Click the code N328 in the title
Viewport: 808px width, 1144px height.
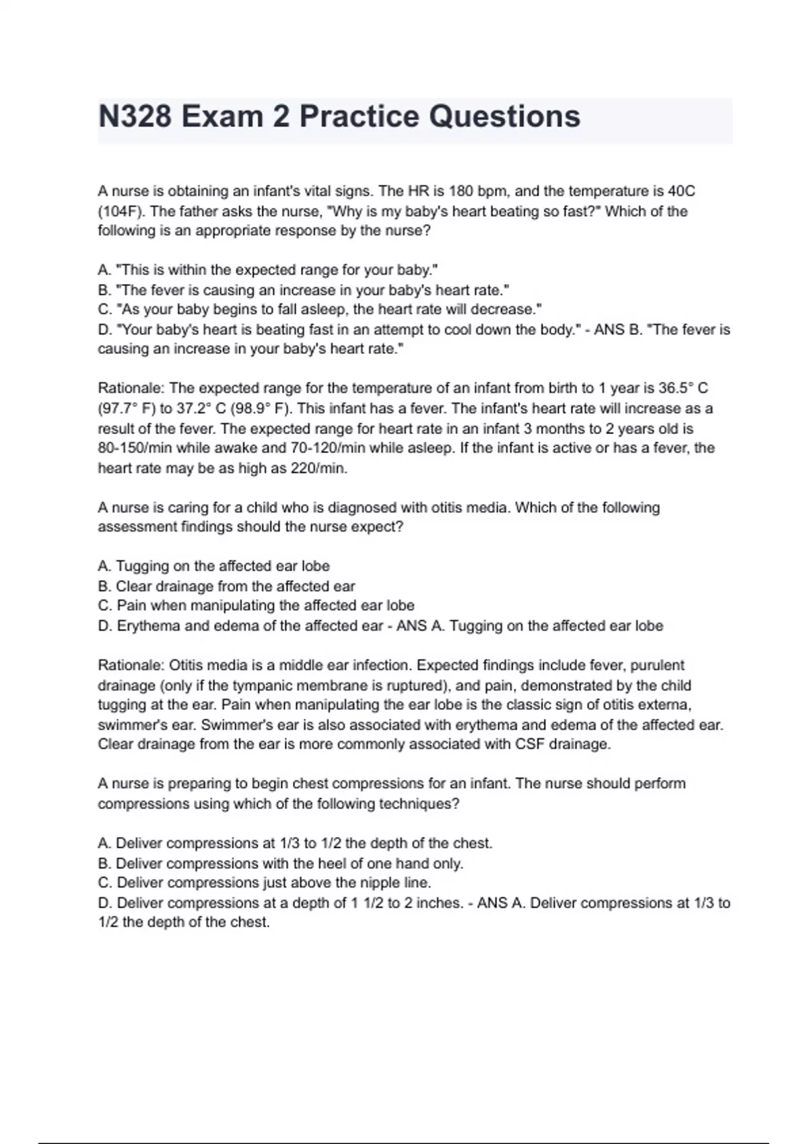(x=135, y=117)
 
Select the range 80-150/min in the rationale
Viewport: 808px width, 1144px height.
(x=135, y=448)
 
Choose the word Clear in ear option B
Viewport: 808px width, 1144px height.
(x=133, y=586)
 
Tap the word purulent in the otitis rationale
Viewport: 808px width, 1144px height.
(x=659, y=666)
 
